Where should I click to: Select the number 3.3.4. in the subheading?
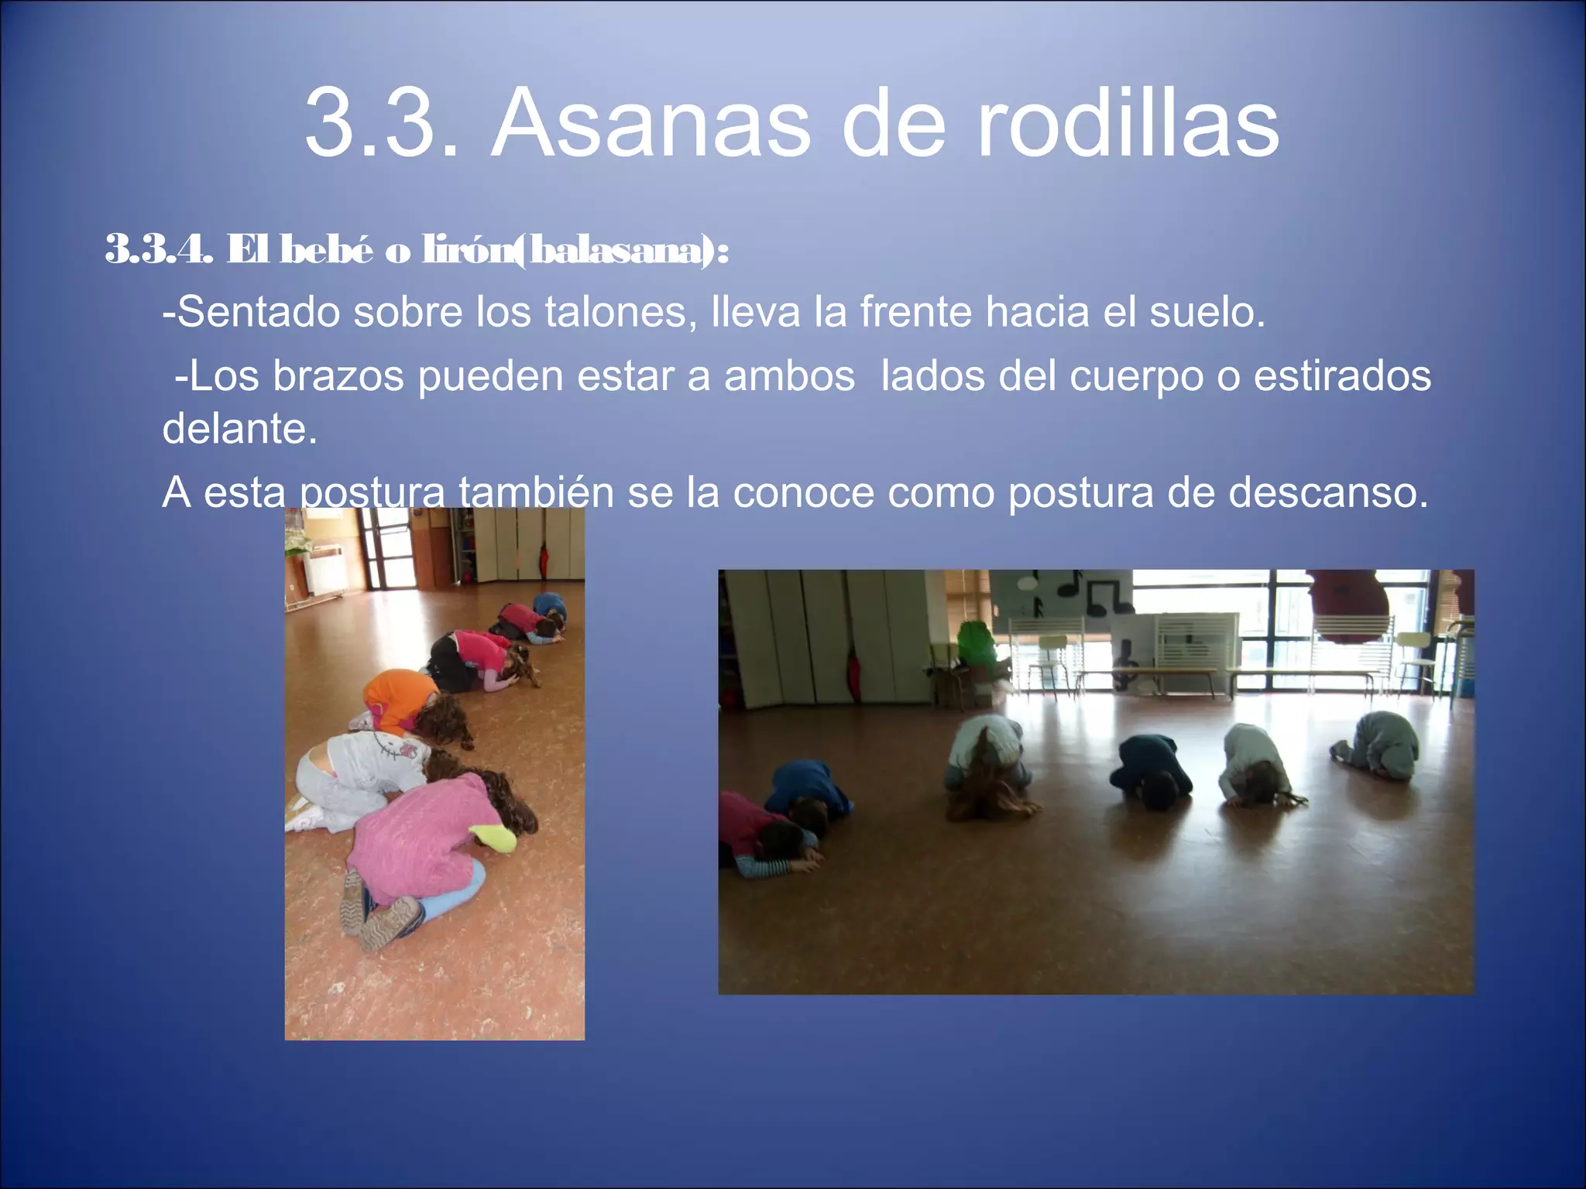point(158,249)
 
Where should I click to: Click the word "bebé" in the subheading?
point(326,249)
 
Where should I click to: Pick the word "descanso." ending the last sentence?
point(1328,492)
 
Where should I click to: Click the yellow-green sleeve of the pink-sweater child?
point(493,836)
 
